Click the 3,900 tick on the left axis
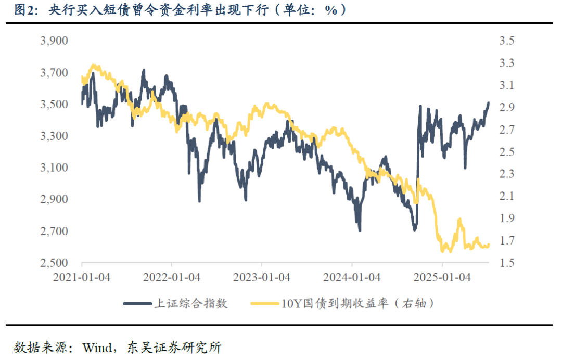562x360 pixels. [54, 41]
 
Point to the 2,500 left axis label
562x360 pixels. [54, 263]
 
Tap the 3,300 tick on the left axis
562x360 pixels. [54, 136]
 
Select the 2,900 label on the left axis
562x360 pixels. [54, 200]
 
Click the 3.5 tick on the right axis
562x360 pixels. [506, 41]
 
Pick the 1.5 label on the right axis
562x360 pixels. [506, 263]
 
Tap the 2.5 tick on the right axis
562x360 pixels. [506, 152]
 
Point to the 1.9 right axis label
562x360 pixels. [506, 218]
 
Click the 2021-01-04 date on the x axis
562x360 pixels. [81, 277]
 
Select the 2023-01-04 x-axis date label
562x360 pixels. [261, 277]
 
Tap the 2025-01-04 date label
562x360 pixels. [442, 277]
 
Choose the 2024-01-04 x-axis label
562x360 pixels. [352, 277]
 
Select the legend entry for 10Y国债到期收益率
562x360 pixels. [357, 303]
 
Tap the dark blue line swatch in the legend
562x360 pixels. [136, 303]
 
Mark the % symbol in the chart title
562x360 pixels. [331, 10]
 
